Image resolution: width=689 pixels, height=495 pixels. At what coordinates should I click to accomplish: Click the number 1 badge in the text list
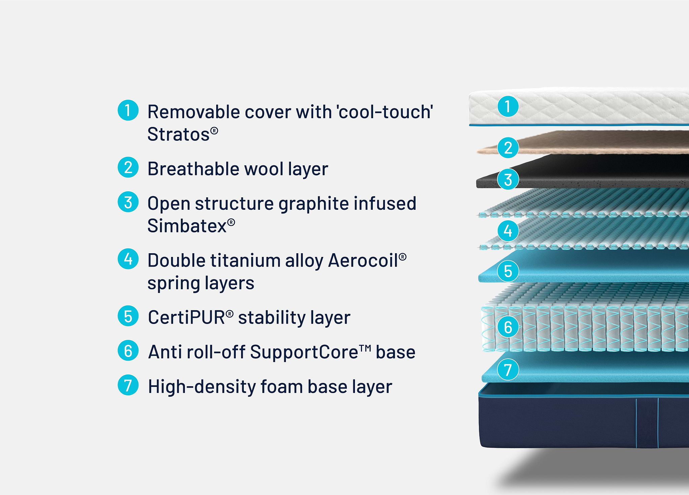[x=128, y=110]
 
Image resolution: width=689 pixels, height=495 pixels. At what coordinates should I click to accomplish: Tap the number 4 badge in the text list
[x=128, y=259]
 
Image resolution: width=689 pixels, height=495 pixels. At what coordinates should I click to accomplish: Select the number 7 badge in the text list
[x=128, y=385]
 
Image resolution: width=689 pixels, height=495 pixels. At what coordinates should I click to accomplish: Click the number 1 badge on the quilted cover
[x=508, y=106]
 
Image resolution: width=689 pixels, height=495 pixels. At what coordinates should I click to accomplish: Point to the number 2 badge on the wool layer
[x=508, y=147]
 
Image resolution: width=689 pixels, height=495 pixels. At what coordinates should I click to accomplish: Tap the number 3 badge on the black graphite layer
[x=508, y=179]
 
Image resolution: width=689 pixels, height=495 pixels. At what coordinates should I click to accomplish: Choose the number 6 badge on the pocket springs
[x=508, y=327]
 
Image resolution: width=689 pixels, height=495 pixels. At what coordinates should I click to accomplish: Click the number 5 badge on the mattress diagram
[x=508, y=271]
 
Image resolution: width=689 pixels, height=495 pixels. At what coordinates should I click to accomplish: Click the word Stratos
[x=179, y=134]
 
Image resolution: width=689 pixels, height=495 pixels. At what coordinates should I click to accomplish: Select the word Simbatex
[x=187, y=226]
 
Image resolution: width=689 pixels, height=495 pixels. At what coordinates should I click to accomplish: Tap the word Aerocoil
[x=363, y=261]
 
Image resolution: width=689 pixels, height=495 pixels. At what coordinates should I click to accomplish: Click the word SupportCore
[x=304, y=352]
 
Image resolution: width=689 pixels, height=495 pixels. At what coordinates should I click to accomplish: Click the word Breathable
[x=193, y=169]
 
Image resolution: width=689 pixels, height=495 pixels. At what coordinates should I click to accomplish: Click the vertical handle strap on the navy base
[x=647, y=423]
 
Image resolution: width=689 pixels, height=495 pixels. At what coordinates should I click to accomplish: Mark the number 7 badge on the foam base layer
[x=508, y=369]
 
